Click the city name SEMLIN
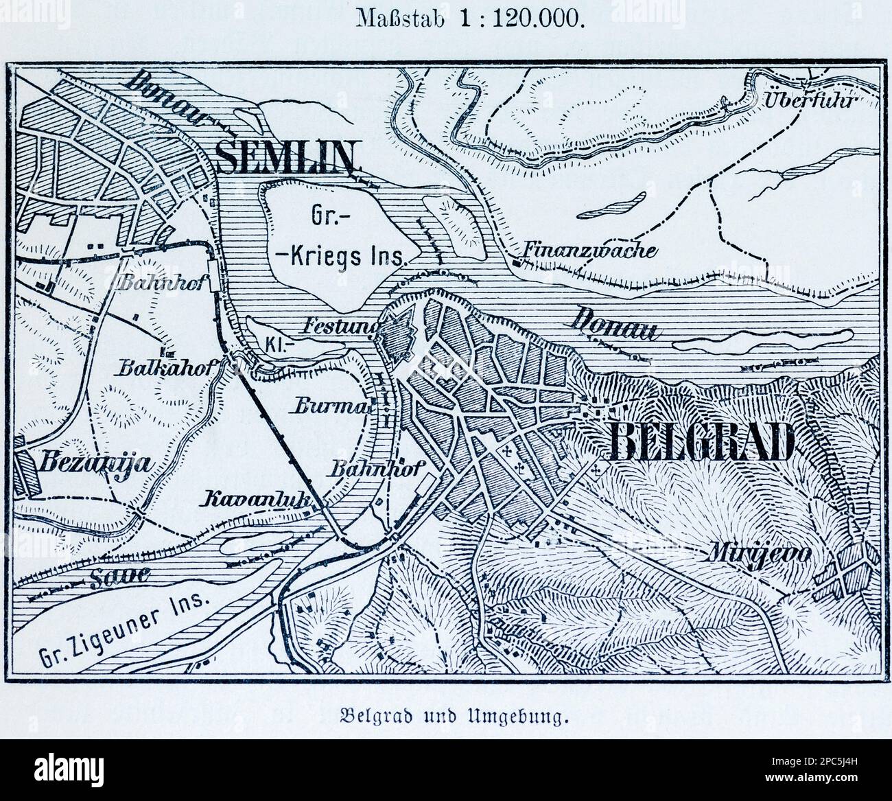[287, 157]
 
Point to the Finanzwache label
[589, 250]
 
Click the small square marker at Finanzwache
[517, 262]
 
